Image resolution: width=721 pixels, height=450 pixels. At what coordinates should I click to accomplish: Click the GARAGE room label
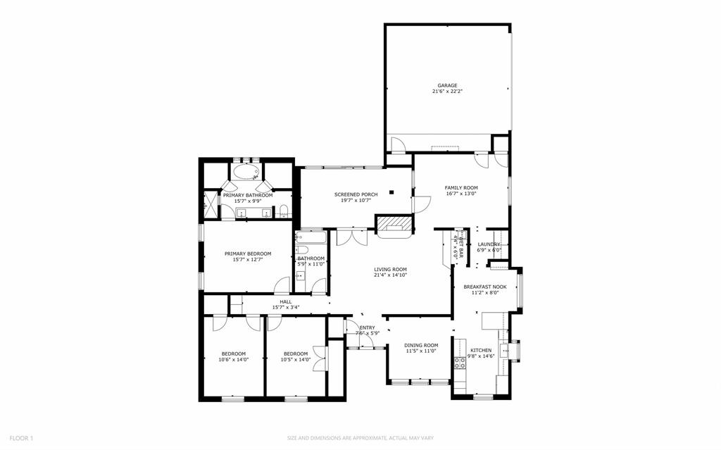pos(447,85)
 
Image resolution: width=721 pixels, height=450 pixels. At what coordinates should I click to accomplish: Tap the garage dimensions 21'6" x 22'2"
pos(447,92)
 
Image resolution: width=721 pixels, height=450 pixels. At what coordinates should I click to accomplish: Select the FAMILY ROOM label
pos(461,187)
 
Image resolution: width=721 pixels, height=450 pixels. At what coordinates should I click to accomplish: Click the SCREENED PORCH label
pos(356,194)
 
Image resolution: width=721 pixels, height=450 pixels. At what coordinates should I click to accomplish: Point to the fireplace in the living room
pos(392,225)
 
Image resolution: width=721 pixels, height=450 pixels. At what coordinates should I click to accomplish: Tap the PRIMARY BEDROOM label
pos(248,254)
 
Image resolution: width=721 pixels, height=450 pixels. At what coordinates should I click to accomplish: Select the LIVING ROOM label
pos(390,269)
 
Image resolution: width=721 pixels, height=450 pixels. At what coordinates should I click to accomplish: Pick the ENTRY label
pos(368,327)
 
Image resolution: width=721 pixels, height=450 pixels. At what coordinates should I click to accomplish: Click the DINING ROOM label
pos(421,345)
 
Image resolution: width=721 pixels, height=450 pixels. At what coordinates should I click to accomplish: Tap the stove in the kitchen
pos(460,363)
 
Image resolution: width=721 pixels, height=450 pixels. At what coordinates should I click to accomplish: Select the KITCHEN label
pos(482,350)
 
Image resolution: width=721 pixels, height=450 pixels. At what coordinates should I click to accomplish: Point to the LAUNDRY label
pos(489,244)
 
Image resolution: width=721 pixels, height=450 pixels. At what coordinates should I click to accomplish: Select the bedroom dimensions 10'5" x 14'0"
pos(295,360)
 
